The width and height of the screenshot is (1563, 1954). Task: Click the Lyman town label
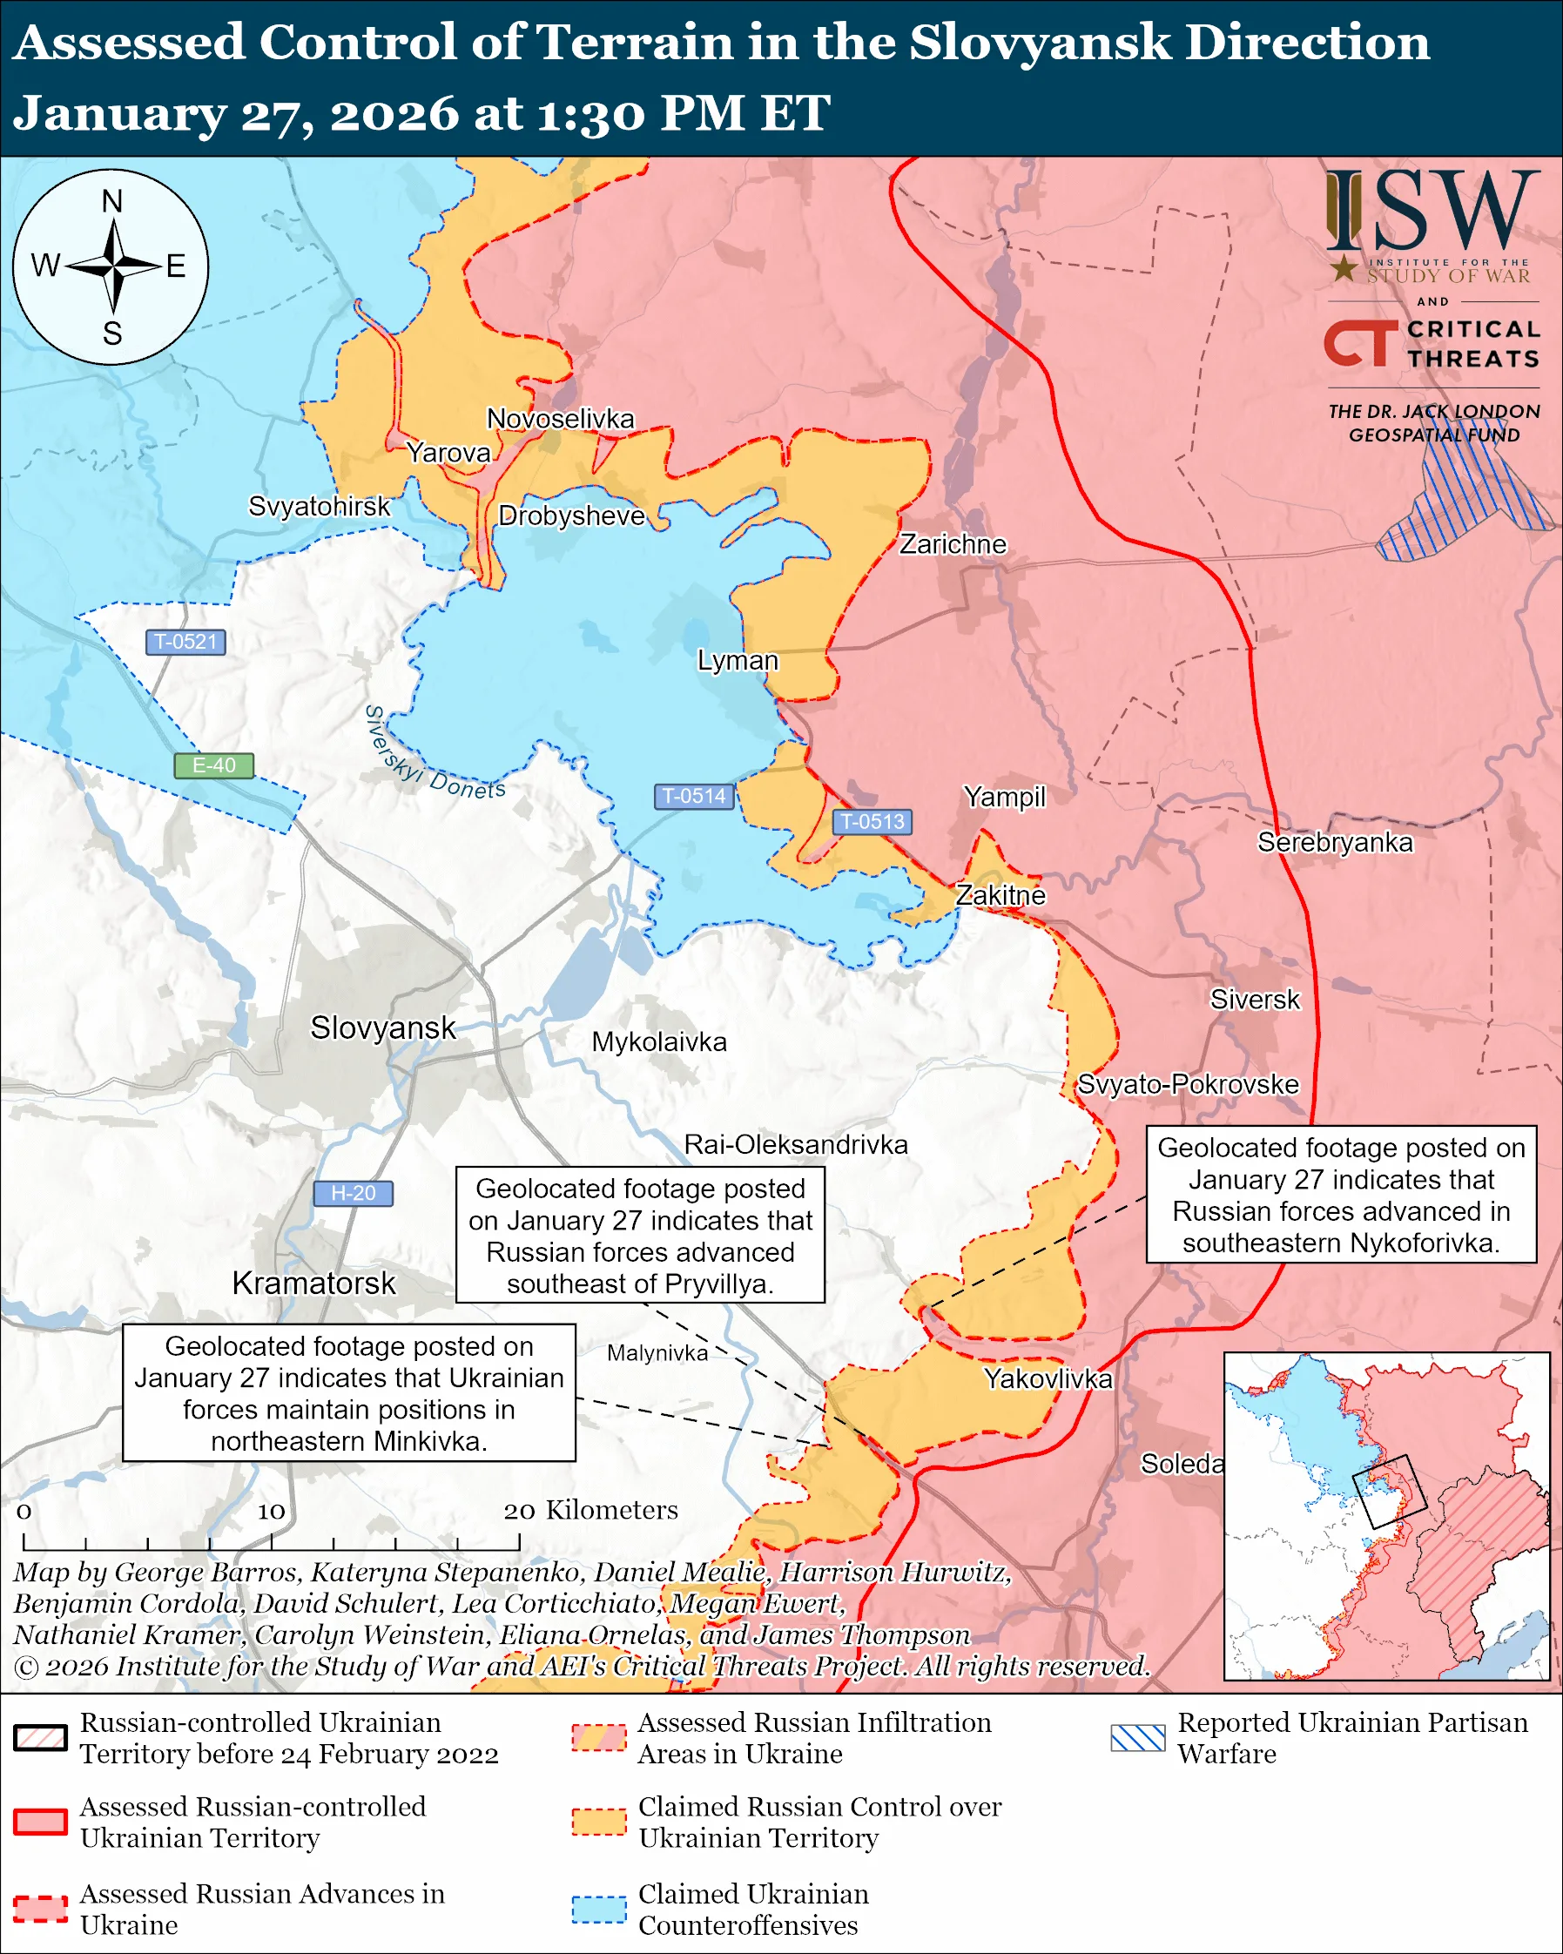737,660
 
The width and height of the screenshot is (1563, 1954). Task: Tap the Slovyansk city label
382,1028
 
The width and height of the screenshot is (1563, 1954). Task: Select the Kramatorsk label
313,1284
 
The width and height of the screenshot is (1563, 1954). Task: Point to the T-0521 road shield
185,642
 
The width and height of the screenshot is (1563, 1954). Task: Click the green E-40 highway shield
214,765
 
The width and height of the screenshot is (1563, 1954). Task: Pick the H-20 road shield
353,1193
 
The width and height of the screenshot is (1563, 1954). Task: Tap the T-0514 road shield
693,796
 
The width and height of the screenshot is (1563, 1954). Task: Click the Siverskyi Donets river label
433,754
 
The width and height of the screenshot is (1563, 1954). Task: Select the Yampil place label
1004,797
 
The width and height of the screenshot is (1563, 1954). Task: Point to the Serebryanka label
1335,842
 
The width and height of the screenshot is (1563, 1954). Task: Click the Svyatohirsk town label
319,506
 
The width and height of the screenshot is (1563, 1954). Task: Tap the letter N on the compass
111,201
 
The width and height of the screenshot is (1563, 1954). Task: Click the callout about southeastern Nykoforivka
1341,1195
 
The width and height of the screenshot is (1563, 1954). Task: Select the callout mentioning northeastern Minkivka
349,1393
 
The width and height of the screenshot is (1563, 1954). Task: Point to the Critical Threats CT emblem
1360,342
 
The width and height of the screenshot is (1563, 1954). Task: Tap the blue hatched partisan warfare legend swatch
1137,1737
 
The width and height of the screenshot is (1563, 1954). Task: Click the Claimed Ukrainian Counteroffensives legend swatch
599,1909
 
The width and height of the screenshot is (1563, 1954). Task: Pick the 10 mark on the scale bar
271,1511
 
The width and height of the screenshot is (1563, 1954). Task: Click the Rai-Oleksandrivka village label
795,1145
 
